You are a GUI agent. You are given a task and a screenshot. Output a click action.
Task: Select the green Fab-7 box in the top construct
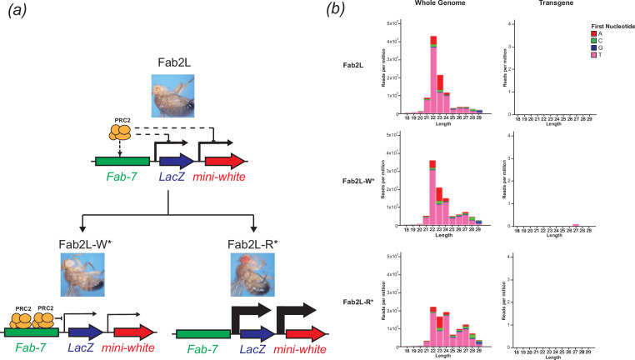coord(122,162)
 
